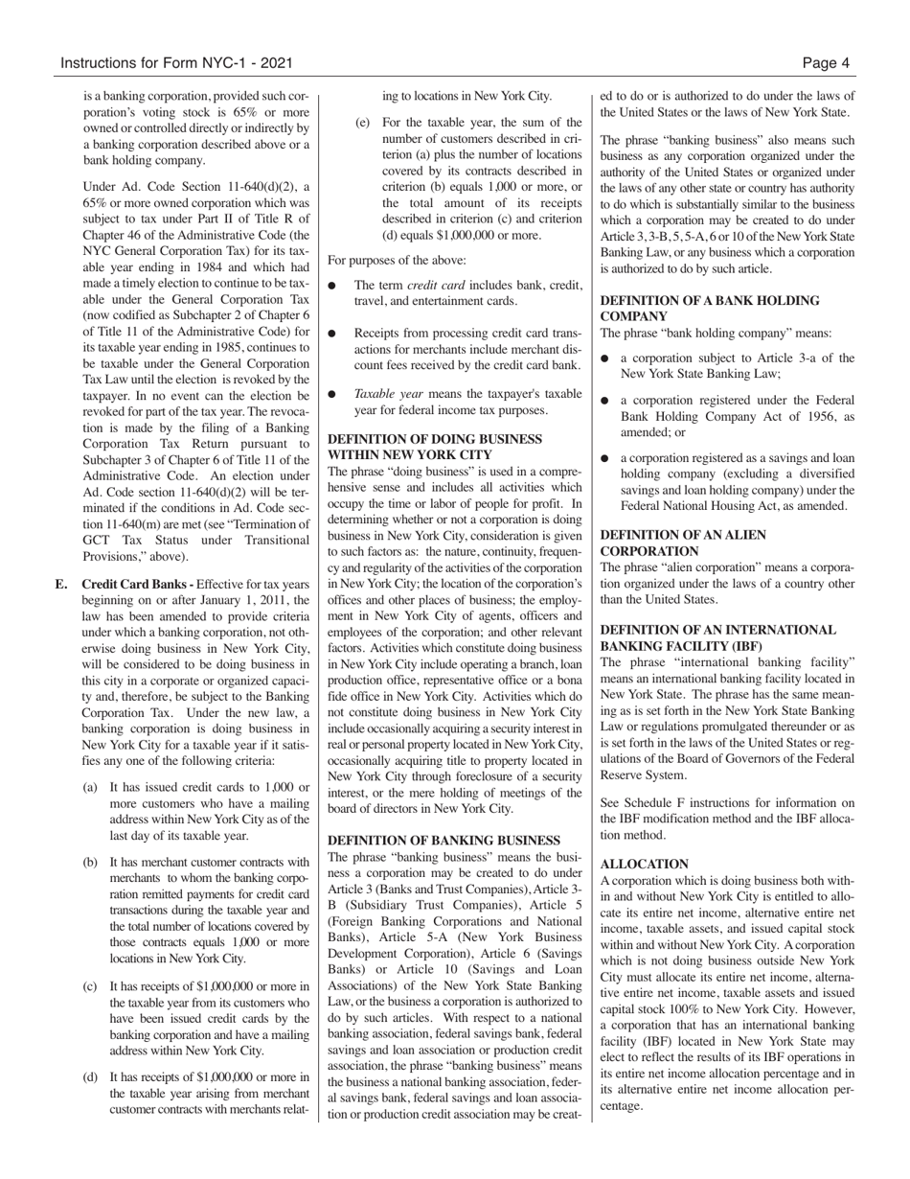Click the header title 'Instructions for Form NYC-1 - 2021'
(176, 64)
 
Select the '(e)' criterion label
(362, 123)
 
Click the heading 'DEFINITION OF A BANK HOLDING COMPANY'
(709, 308)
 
